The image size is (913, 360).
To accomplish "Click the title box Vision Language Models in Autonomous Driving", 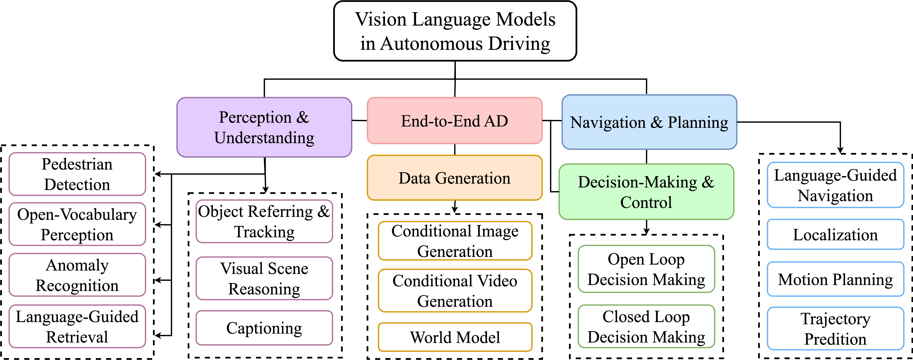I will [455, 31].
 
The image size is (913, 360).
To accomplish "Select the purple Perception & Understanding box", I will [264, 127].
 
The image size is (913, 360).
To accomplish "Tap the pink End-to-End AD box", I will [455, 121].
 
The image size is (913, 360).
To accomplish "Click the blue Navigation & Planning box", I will [649, 122].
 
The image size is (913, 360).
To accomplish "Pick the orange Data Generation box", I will [455, 178].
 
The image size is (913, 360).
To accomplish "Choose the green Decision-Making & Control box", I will [646, 192].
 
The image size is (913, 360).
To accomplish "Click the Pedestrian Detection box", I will [77, 174].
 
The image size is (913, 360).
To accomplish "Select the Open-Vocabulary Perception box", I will [77, 224].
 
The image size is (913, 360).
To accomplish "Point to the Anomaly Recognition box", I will [77, 275].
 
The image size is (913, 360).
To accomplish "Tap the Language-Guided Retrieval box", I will [77, 326].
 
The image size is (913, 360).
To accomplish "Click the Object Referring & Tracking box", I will [264, 221].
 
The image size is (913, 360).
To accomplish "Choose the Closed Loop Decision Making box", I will [646, 326].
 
